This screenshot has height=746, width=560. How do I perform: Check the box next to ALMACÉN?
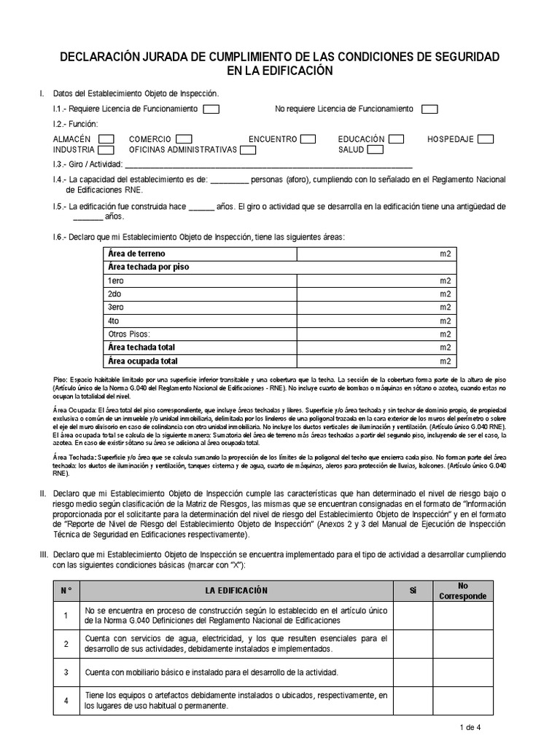point(106,139)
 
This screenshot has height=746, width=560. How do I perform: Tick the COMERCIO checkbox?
point(184,139)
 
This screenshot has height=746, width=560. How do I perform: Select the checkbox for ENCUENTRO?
point(308,139)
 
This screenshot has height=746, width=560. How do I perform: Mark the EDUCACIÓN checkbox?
point(397,139)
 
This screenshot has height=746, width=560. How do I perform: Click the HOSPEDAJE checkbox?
point(486,139)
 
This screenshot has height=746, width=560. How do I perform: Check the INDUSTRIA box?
point(106,150)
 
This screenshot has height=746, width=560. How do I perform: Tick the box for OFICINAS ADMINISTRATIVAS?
point(248,150)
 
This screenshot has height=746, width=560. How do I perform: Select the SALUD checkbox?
point(376,150)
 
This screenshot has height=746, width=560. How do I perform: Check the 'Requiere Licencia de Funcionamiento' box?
point(211,109)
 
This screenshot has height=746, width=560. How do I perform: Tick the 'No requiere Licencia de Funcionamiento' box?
point(429,109)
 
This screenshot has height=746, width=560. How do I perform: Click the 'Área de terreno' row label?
point(136,254)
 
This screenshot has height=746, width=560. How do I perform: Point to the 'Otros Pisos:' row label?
point(128,334)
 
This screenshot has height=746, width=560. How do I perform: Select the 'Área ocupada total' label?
point(142,361)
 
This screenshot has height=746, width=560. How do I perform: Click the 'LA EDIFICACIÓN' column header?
point(237,590)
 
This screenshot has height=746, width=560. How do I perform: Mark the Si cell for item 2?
point(412,644)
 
